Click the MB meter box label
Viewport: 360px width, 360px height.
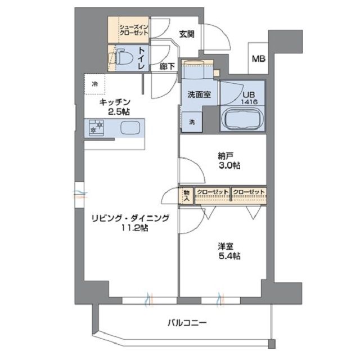click(x=259, y=58)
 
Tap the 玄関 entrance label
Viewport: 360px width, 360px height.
click(x=187, y=34)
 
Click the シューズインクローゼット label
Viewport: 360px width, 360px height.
click(x=133, y=29)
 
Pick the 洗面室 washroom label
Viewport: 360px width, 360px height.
click(x=199, y=94)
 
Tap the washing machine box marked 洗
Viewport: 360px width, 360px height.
click(x=192, y=122)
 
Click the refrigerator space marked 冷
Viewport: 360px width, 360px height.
click(x=95, y=84)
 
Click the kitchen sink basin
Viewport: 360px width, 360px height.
click(x=130, y=127)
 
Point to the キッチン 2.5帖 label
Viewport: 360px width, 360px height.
click(x=114, y=106)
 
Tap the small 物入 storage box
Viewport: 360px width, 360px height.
click(x=186, y=195)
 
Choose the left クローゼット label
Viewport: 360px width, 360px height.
click(x=213, y=192)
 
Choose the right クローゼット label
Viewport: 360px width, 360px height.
click(x=249, y=192)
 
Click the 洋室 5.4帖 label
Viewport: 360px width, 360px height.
click(x=229, y=251)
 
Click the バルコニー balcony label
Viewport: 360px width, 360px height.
click(x=187, y=323)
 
